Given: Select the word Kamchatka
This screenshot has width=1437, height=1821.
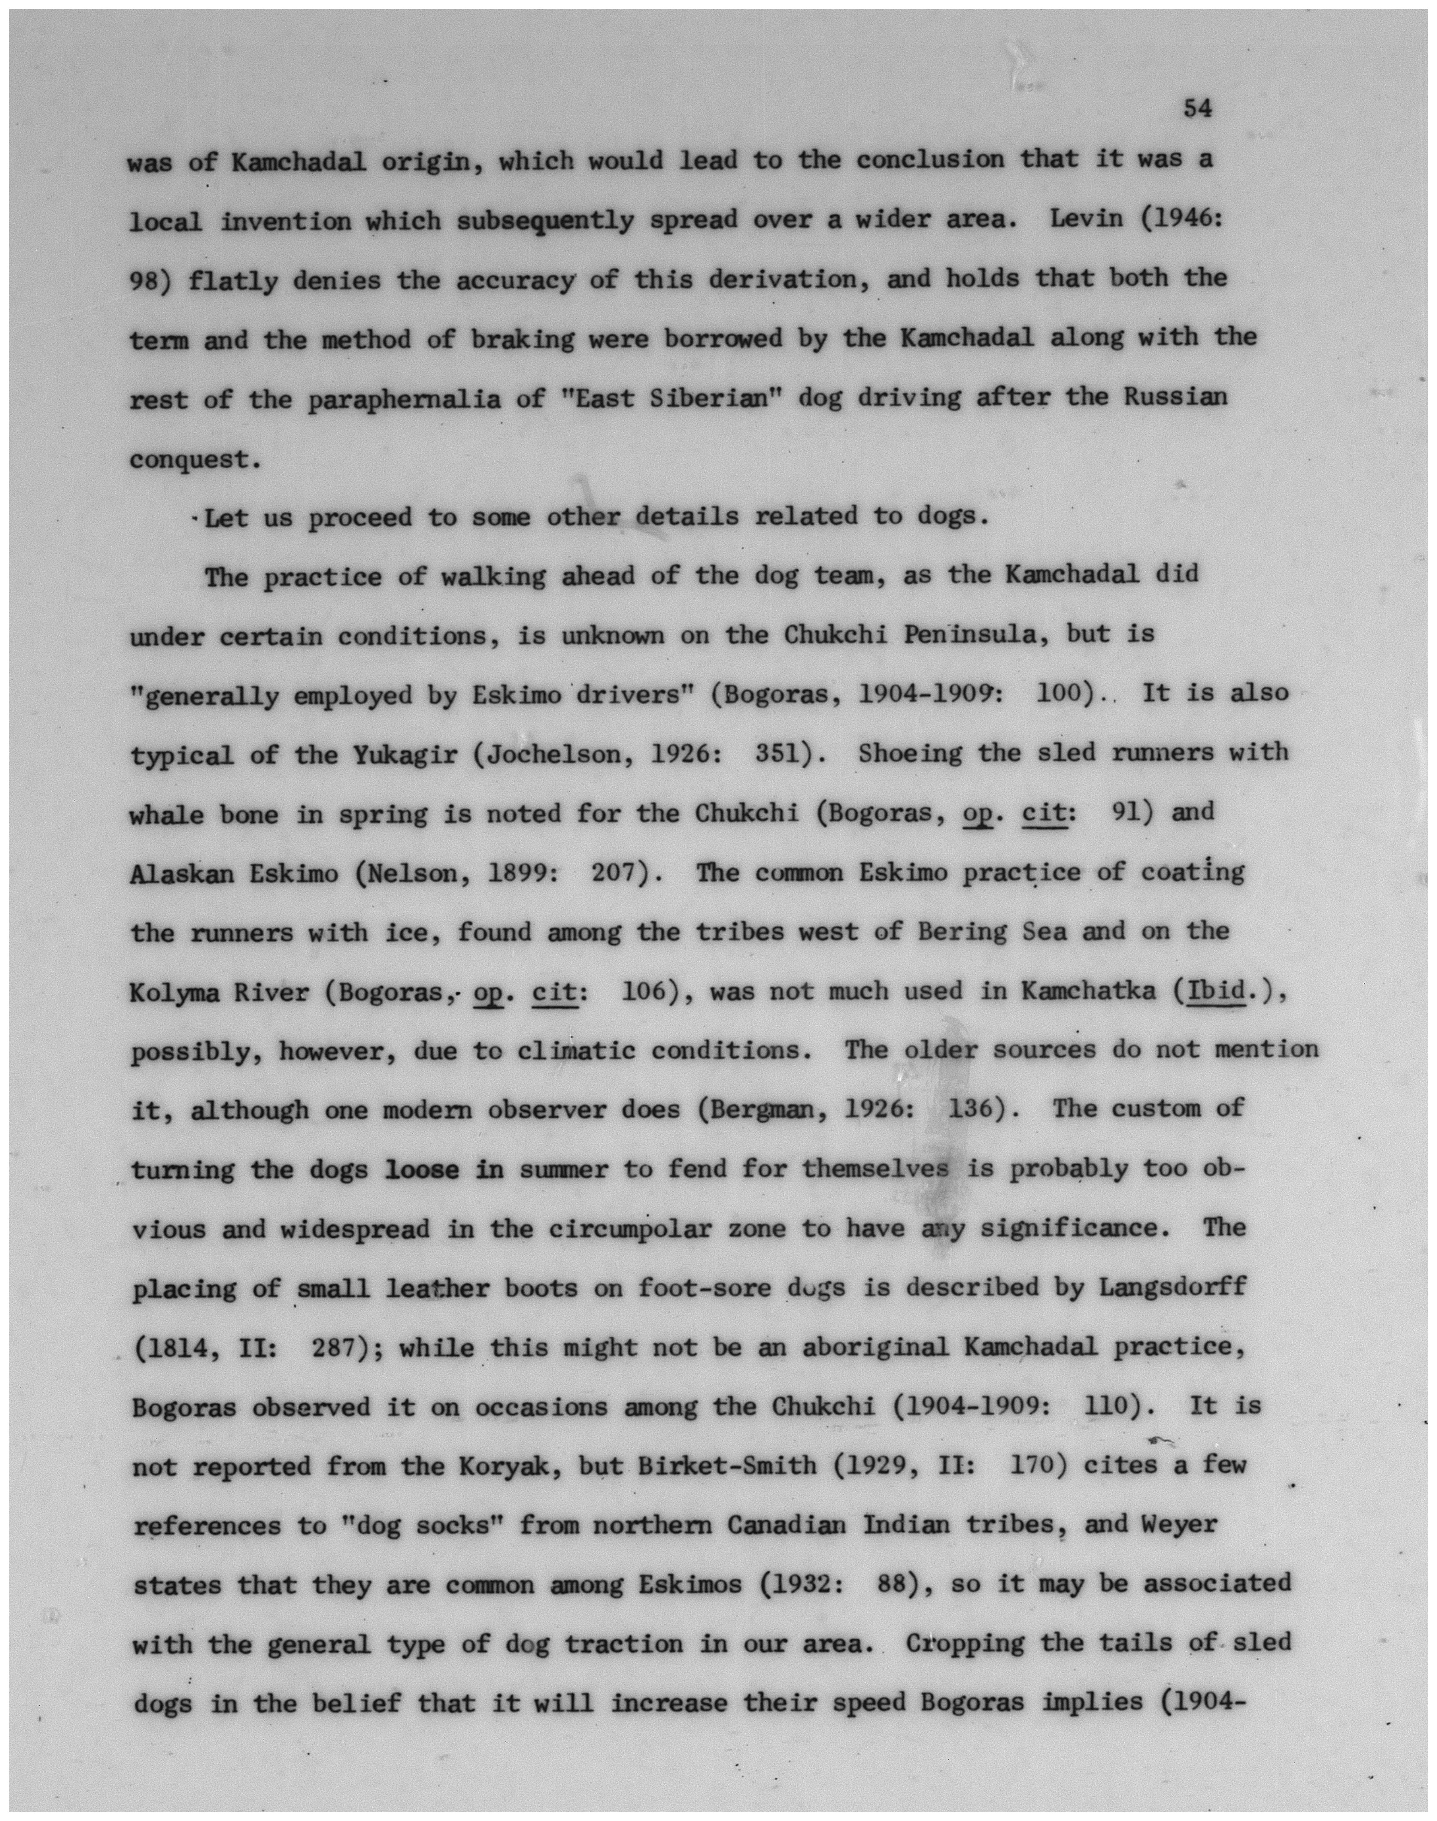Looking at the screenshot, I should tap(1089, 993).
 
